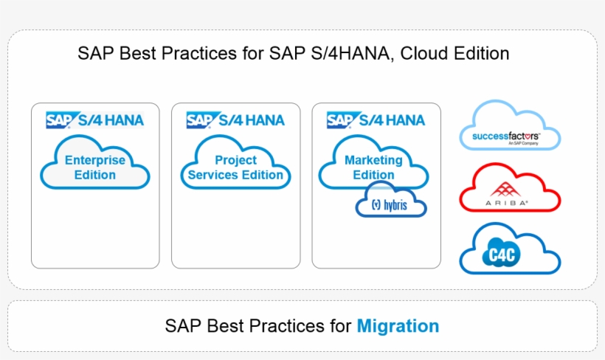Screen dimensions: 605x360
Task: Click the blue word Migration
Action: click(x=398, y=326)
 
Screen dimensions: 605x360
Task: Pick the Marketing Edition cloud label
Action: click(x=373, y=167)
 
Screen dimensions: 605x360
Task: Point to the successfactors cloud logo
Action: click(x=510, y=125)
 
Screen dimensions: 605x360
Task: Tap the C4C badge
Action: click(x=502, y=255)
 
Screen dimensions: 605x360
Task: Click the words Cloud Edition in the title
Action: click(x=454, y=53)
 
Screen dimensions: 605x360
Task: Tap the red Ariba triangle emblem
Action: click(x=505, y=189)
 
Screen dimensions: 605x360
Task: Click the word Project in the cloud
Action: click(x=236, y=160)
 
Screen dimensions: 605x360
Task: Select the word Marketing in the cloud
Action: click(x=373, y=160)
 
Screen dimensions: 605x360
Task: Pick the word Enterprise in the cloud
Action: click(x=95, y=160)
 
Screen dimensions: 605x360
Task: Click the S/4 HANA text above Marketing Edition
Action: click(x=392, y=120)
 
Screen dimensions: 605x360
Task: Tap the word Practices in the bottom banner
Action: click(x=287, y=326)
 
